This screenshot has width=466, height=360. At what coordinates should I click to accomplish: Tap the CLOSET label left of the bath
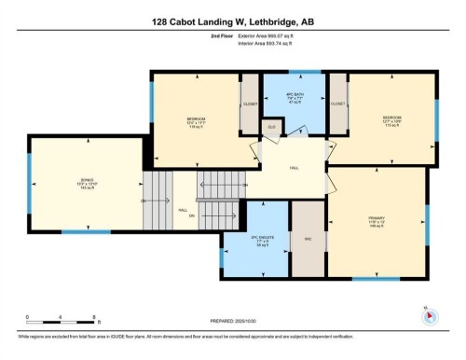(x=250, y=104)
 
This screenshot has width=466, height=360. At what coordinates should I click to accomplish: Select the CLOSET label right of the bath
(x=337, y=104)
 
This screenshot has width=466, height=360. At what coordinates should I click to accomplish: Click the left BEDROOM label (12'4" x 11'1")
(x=196, y=120)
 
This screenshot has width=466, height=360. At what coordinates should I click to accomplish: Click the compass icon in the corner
(x=430, y=314)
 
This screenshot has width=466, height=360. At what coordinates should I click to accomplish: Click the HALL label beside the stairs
(x=183, y=210)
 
